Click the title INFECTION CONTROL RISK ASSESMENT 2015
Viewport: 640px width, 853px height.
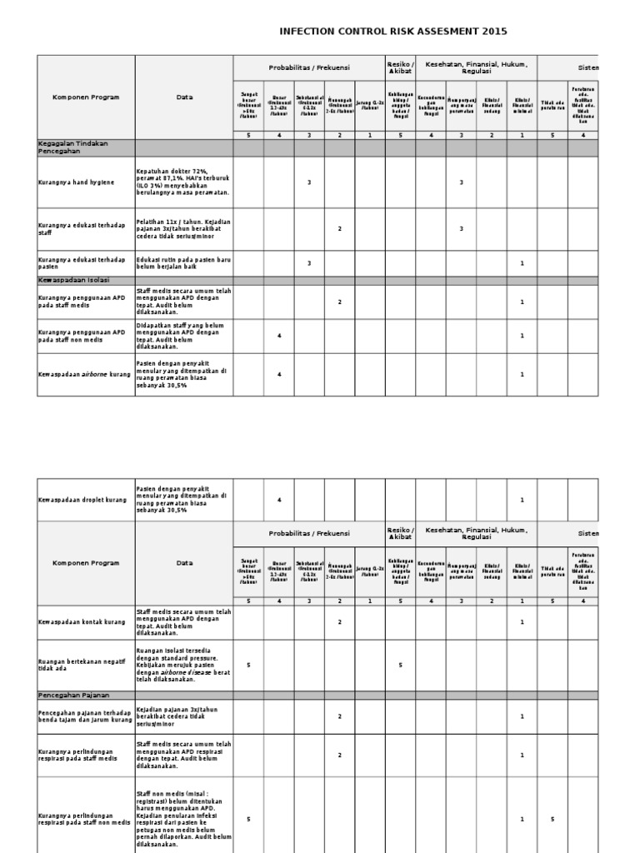tap(392, 32)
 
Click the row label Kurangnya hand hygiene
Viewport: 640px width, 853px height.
tap(77, 182)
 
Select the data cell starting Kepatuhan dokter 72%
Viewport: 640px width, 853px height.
tap(183, 182)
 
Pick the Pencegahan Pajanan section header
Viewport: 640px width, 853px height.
tap(74, 695)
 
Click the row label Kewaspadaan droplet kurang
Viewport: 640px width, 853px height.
tap(82, 500)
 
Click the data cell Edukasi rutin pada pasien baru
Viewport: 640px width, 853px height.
tap(183, 263)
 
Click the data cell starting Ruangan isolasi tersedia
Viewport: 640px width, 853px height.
tap(183, 665)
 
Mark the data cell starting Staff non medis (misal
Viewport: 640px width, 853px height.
tap(183, 819)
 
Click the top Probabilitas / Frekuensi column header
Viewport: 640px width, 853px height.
tap(309, 67)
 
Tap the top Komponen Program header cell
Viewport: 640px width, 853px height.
tap(86, 97)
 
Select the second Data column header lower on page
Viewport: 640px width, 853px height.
tap(184, 563)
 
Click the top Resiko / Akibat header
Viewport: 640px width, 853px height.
tap(401, 67)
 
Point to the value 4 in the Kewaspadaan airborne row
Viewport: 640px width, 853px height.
tap(279, 375)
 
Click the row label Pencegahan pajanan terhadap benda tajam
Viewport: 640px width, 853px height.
tap(85, 716)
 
